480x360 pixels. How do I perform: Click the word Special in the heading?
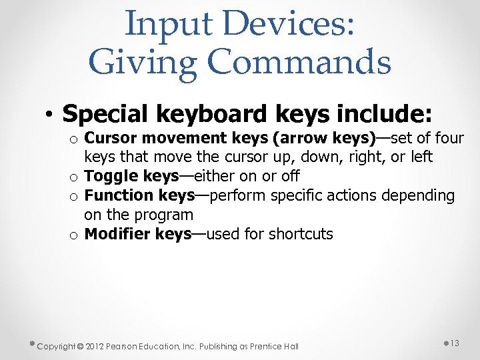point(106,114)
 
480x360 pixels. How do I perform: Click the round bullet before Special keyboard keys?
point(51,115)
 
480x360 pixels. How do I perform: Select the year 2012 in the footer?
point(94,346)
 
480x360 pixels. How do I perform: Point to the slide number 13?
point(455,343)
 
